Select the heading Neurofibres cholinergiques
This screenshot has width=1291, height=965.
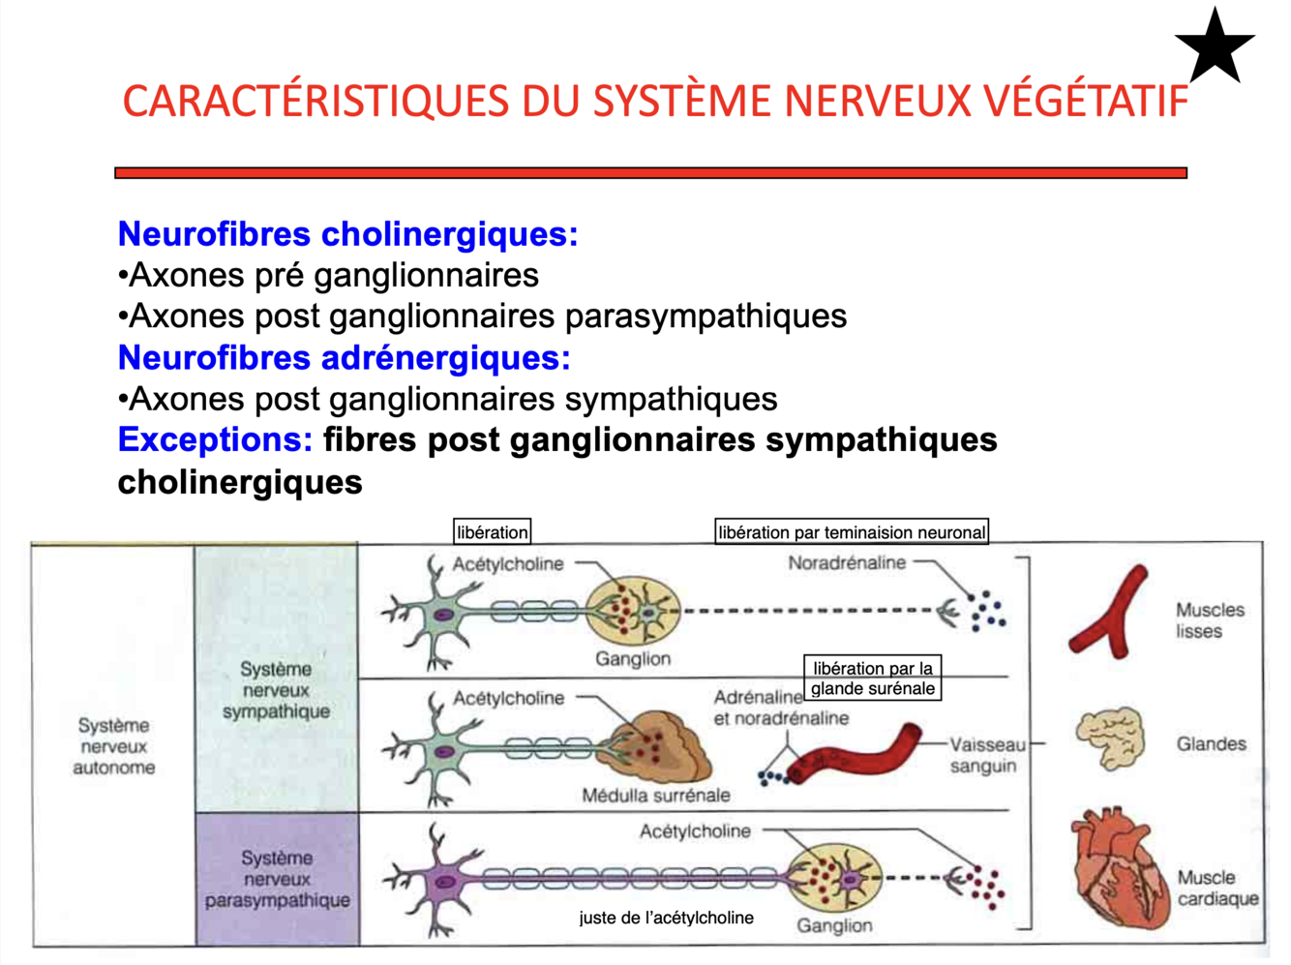tap(347, 234)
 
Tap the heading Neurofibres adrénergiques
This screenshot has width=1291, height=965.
tap(344, 358)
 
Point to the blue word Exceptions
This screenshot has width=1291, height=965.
tap(215, 440)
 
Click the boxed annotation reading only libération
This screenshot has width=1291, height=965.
tap(493, 531)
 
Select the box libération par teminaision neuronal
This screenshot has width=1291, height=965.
tap(852, 531)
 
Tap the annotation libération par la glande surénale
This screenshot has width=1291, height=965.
tap(872, 679)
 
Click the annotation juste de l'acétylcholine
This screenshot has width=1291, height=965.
tap(666, 918)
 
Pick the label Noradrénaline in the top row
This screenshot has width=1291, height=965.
tap(847, 562)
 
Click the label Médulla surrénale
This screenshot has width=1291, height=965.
tap(656, 796)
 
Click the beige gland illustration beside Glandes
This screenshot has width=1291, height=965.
tap(1111, 738)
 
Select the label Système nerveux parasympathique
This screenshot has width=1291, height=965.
tap(277, 879)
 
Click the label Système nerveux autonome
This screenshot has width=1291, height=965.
tap(114, 746)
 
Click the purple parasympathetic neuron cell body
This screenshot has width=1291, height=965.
tap(445, 882)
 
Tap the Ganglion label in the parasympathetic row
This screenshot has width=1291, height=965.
tap(834, 925)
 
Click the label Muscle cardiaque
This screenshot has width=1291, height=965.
tap(1217, 888)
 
